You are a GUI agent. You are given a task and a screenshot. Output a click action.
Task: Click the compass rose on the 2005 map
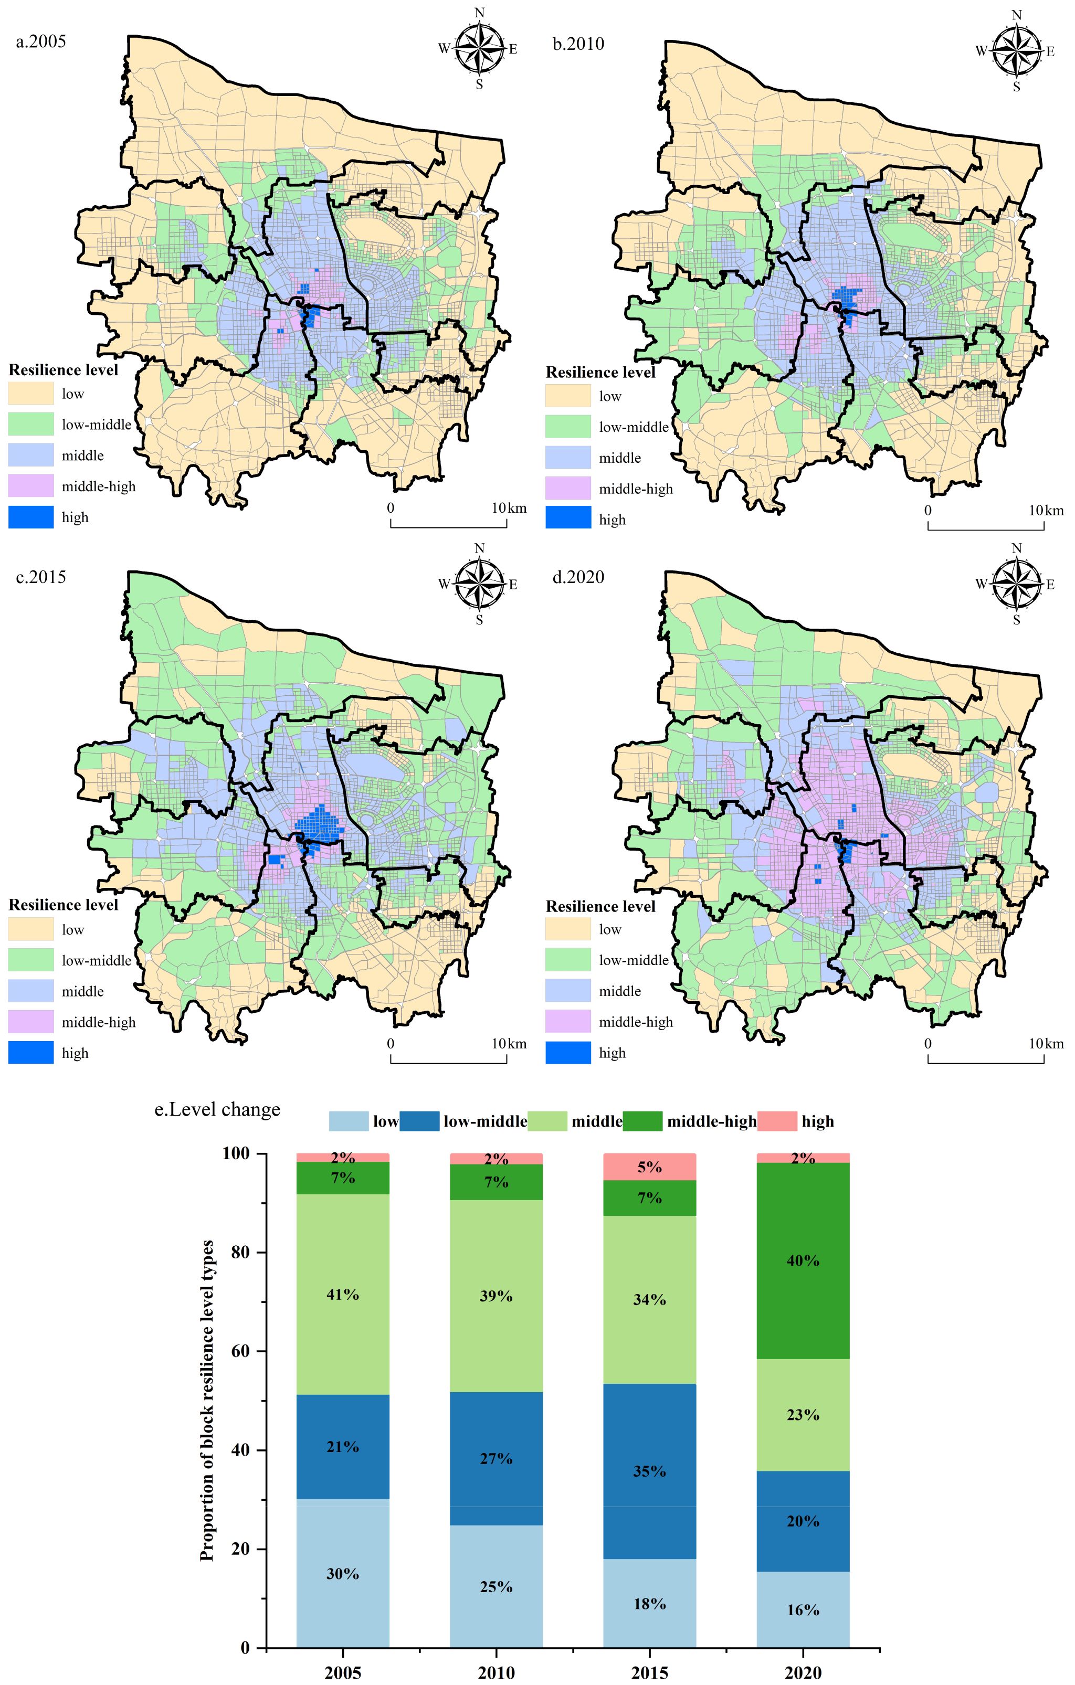point(479,48)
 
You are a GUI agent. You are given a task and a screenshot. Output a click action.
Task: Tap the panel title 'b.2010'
point(578,44)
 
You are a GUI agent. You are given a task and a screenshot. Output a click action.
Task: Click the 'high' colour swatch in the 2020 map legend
point(567,1053)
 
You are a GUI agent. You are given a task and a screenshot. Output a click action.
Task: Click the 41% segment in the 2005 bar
point(342,1295)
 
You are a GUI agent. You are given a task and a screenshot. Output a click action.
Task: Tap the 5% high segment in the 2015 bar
point(649,1167)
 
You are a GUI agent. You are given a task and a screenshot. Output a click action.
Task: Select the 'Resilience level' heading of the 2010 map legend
point(600,372)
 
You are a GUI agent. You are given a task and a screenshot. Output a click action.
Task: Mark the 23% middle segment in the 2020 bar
point(803,1415)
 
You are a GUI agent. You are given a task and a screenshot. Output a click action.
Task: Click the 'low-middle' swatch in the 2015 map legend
point(31,960)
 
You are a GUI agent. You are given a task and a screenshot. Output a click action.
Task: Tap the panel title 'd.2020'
point(578,577)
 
